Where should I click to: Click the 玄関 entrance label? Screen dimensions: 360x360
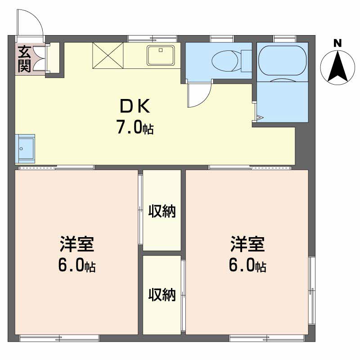tap(24, 59)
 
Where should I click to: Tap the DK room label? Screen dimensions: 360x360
tap(135, 106)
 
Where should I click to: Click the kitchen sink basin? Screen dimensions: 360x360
tap(161, 55)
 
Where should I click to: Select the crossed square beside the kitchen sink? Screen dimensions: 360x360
tap(108, 55)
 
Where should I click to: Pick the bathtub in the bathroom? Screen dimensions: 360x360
tap(283, 60)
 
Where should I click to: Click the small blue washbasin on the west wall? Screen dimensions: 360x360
tap(25, 148)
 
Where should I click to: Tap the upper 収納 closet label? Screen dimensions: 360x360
tap(162, 211)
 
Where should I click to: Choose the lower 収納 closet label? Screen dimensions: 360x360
tap(162, 295)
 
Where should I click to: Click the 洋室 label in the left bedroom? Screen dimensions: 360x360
tap(77, 244)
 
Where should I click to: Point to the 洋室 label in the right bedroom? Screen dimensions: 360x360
tap(247, 244)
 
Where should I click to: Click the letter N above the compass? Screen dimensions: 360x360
tap(337, 43)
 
